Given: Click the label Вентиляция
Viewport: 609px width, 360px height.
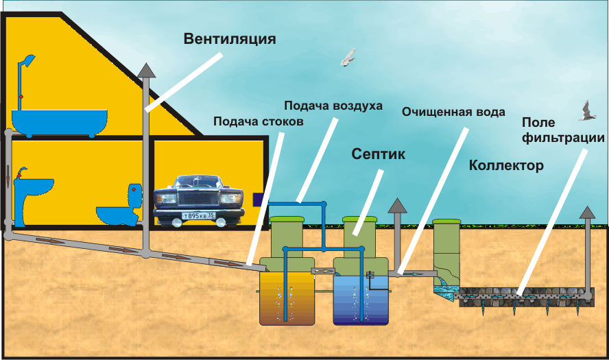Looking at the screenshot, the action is (230, 39).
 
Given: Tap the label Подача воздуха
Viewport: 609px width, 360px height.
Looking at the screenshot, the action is (333, 106).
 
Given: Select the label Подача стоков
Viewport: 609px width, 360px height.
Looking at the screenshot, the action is (259, 121).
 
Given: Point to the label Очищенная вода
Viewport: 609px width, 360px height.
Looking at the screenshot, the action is (453, 112).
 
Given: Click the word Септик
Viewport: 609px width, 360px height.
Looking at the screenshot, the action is (379, 154).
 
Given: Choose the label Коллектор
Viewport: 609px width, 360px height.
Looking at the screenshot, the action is (506, 165).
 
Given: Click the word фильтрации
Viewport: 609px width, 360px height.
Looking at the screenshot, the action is (563, 138).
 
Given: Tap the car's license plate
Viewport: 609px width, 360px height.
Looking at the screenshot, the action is (198, 215).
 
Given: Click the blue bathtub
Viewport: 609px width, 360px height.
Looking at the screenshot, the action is (60, 123).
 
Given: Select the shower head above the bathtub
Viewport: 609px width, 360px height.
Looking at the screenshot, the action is (27, 60).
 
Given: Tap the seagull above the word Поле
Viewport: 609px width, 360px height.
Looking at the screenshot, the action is (586, 111).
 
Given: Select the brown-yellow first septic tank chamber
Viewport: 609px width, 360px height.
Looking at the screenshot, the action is (287, 298).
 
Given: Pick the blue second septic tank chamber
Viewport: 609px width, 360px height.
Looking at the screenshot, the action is (361, 300).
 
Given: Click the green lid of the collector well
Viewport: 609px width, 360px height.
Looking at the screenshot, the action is (446, 221).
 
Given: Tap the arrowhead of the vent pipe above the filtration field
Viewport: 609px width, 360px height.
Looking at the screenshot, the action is (587, 213).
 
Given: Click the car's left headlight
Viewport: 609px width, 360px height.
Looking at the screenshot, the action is (167, 199).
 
